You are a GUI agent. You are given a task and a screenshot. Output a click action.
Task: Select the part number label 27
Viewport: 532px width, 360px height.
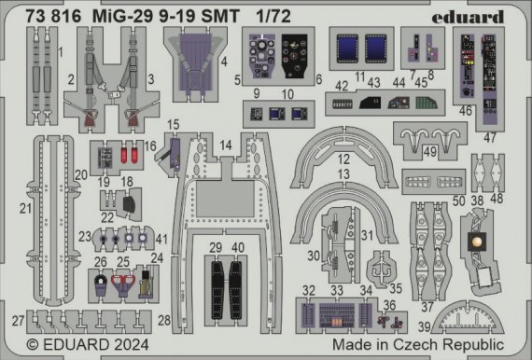(x=17, y=320)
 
